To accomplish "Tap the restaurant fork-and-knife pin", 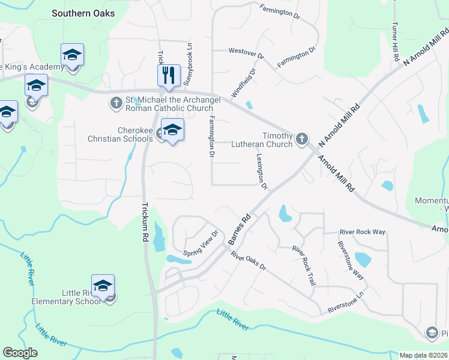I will pyautogui.click(x=169, y=75).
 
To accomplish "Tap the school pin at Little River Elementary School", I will pyautogui.click(x=103, y=286).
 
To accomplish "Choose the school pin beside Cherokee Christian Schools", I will pyautogui.click(x=172, y=130).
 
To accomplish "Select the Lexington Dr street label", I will pyautogui.click(x=261, y=171).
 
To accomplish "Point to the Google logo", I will pyautogui.click(x=20, y=353).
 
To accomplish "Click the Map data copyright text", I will pyautogui.click(x=423, y=355).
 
